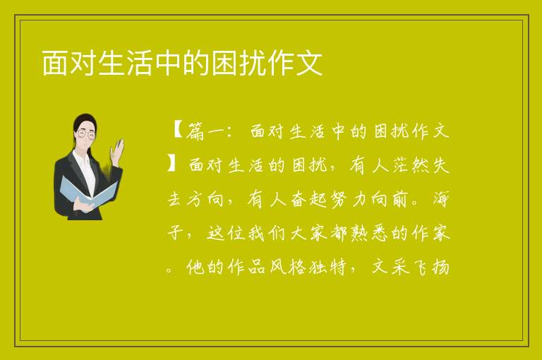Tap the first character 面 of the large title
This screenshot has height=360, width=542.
tap(54, 63)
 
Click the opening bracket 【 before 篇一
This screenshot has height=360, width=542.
tap(178, 131)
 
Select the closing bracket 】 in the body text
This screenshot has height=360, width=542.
tap(172, 164)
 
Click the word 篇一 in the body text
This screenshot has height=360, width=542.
tap(205, 131)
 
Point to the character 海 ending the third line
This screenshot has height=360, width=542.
tap(441, 198)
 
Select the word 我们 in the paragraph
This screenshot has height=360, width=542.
tap(267, 233)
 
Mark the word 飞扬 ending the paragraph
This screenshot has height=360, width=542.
tap(431, 267)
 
